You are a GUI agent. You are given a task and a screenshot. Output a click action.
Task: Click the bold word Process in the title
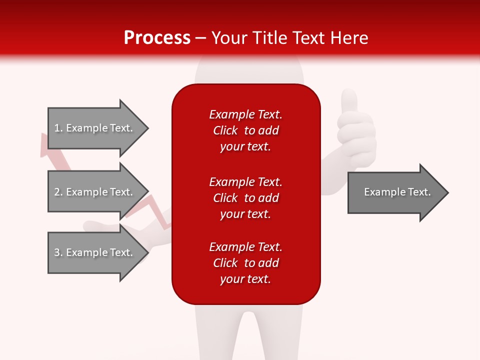coord(157,38)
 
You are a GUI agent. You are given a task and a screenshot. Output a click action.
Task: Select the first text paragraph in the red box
coord(245,130)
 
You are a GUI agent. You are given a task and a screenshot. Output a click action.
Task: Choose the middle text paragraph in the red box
coord(245,198)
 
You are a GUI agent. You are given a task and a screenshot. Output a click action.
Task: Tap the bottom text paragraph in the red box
coord(245,263)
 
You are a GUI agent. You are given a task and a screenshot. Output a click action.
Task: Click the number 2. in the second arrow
coord(58,192)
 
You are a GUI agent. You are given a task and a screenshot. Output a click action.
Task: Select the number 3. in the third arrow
coord(58,252)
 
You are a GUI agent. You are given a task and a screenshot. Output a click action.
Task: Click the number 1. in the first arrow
coord(58,128)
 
